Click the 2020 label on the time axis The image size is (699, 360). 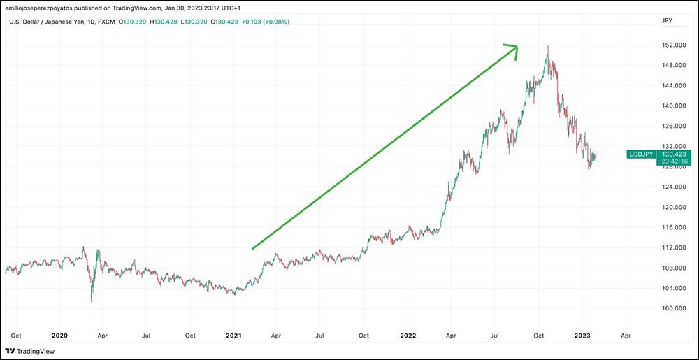point(59,335)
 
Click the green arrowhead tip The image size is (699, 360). point(517,47)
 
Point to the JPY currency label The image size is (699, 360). point(666,22)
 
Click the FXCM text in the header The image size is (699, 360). point(106,22)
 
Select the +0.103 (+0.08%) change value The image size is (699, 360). point(262,22)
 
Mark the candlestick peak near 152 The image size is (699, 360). point(548,46)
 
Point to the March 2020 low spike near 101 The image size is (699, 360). point(92,301)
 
